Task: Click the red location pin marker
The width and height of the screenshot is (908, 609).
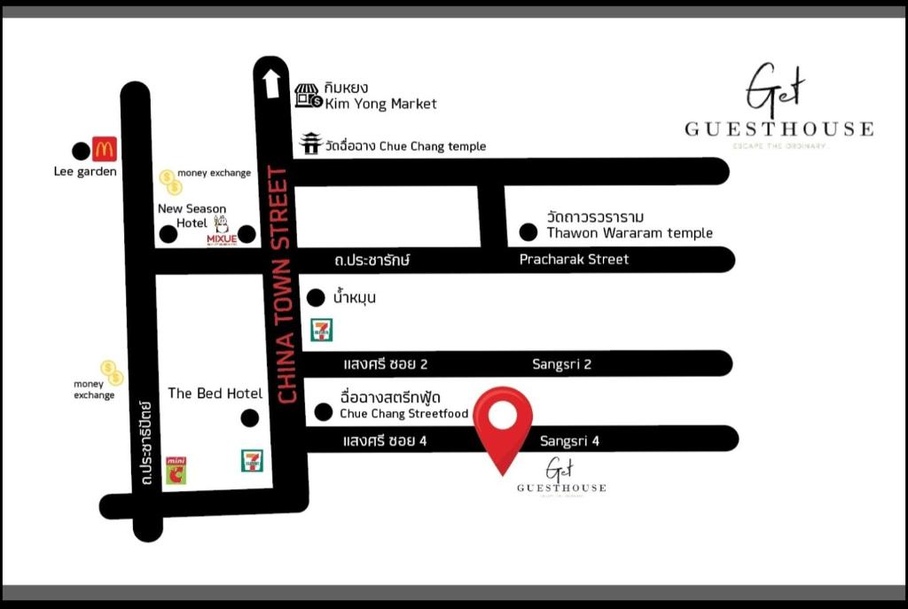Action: pyautogui.click(x=503, y=422)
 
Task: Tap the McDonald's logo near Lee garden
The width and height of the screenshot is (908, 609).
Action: pyautogui.click(x=105, y=150)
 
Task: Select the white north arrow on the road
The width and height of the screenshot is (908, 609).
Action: pyautogui.click(x=271, y=83)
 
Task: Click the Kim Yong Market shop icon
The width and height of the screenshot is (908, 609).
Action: pyautogui.click(x=308, y=96)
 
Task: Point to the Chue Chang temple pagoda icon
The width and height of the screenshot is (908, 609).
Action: pyautogui.click(x=310, y=144)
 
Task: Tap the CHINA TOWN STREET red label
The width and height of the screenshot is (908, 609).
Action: pyautogui.click(x=286, y=285)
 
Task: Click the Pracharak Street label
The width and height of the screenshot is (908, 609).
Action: pyautogui.click(x=574, y=260)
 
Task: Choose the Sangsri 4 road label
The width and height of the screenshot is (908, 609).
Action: pyautogui.click(x=570, y=441)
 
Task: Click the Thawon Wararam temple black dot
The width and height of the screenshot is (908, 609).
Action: pyautogui.click(x=528, y=233)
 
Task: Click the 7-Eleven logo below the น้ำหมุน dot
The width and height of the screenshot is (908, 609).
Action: pyautogui.click(x=320, y=330)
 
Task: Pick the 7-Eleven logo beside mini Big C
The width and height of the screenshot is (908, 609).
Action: pyautogui.click(x=253, y=461)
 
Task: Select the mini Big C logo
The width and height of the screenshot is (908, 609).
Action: pyautogui.click(x=176, y=470)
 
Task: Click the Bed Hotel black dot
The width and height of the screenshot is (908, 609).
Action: pyautogui.click(x=250, y=418)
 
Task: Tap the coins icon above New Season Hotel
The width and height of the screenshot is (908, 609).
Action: pyautogui.click(x=170, y=182)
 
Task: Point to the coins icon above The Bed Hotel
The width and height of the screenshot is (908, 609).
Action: pyautogui.click(x=112, y=372)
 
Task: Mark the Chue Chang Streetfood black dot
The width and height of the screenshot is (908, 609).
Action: pyautogui.click(x=324, y=411)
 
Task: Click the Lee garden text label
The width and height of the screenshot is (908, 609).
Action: pyautogui.click(x=85, y=172)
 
